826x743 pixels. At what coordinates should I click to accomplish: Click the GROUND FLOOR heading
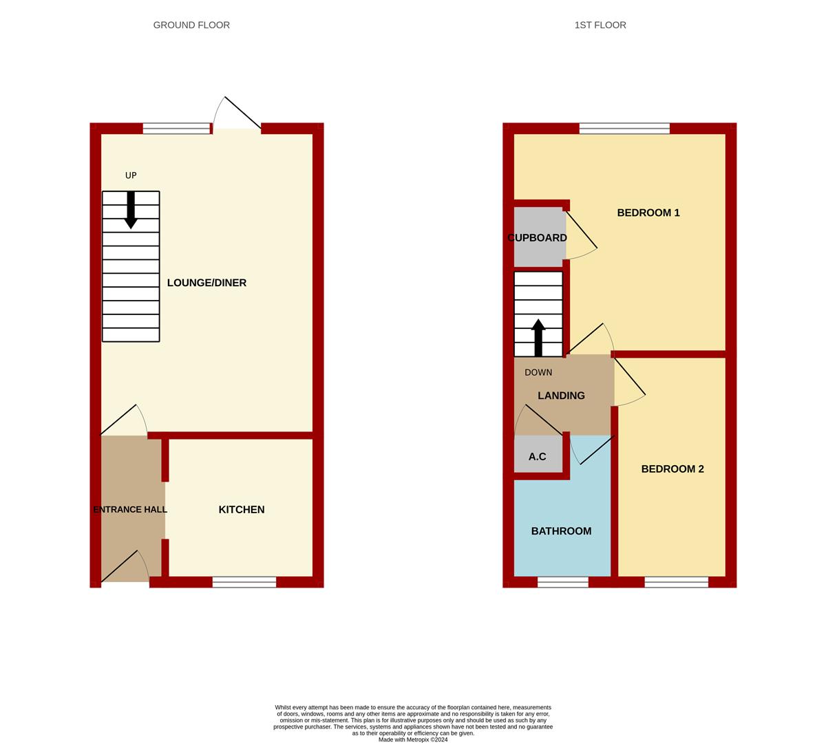click(191, 25)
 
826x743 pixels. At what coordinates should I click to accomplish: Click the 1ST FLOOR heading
click(600, 25)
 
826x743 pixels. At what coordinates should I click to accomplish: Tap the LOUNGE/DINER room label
click(206, 283)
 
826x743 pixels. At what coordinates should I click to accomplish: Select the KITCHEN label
click(242, 510)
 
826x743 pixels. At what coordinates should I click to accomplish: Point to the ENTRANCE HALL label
click(130, 510)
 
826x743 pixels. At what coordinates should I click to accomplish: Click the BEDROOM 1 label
click(648, 213)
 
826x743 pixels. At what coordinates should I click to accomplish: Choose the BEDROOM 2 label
click(673, 469)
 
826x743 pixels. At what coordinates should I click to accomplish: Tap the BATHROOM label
click(561, 531)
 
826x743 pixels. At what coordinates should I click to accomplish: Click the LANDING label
click(561, 396)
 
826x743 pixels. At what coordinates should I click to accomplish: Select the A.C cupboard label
click(537, 457)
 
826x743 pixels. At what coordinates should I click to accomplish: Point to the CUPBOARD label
click(537, 238)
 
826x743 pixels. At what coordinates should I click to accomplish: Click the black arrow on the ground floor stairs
click(131, 211)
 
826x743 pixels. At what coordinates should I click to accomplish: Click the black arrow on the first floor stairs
click(538, 337)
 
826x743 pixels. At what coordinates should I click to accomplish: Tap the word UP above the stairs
click(131, 175)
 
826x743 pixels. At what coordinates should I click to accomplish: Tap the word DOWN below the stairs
click(538, 373)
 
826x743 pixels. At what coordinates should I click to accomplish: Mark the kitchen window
click(244, 582)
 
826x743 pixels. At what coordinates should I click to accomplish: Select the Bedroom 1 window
click(624, 128)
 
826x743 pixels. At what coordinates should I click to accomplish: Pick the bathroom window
click(563, 582)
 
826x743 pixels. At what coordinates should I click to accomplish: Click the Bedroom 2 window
click(676, 582)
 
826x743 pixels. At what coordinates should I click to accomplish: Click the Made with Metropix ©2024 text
click(413, 740)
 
